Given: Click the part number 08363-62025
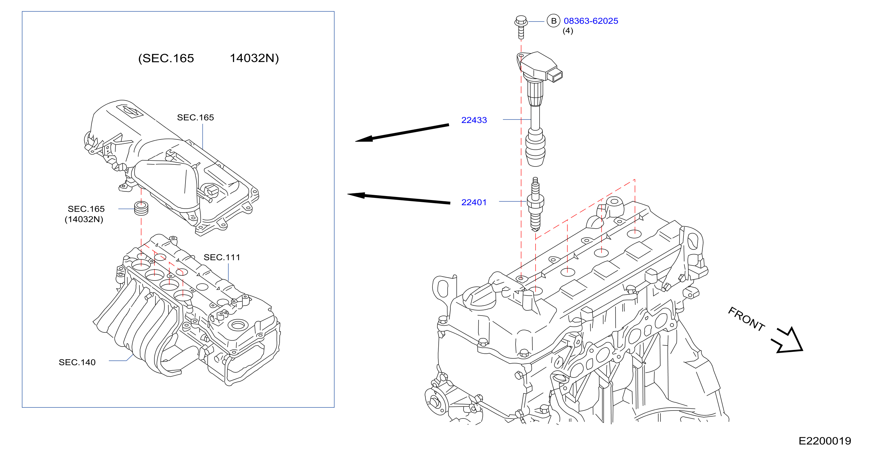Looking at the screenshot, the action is point(591,21).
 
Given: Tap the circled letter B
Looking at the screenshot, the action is point(553,21).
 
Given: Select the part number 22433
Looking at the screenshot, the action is point(474,120).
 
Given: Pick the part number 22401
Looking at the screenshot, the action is point(474,202).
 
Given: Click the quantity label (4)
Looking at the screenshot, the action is point(568,31).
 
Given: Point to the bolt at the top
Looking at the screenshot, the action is point(521,27).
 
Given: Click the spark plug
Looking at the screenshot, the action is point(535,204).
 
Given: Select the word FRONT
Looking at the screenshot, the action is point(746,319).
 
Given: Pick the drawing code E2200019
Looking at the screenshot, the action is point(824,441).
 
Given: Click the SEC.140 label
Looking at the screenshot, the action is point(77,362).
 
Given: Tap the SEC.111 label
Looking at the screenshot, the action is point(221,257).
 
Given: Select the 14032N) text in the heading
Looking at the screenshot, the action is point(254,58).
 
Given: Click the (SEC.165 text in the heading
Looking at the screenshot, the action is point(166,58).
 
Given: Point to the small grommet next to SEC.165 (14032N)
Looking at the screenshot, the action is point(141,207).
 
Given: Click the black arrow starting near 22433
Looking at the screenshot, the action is point(402,133).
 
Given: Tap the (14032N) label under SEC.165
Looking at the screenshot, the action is point(84,219).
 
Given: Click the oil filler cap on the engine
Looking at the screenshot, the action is point(479,297).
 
